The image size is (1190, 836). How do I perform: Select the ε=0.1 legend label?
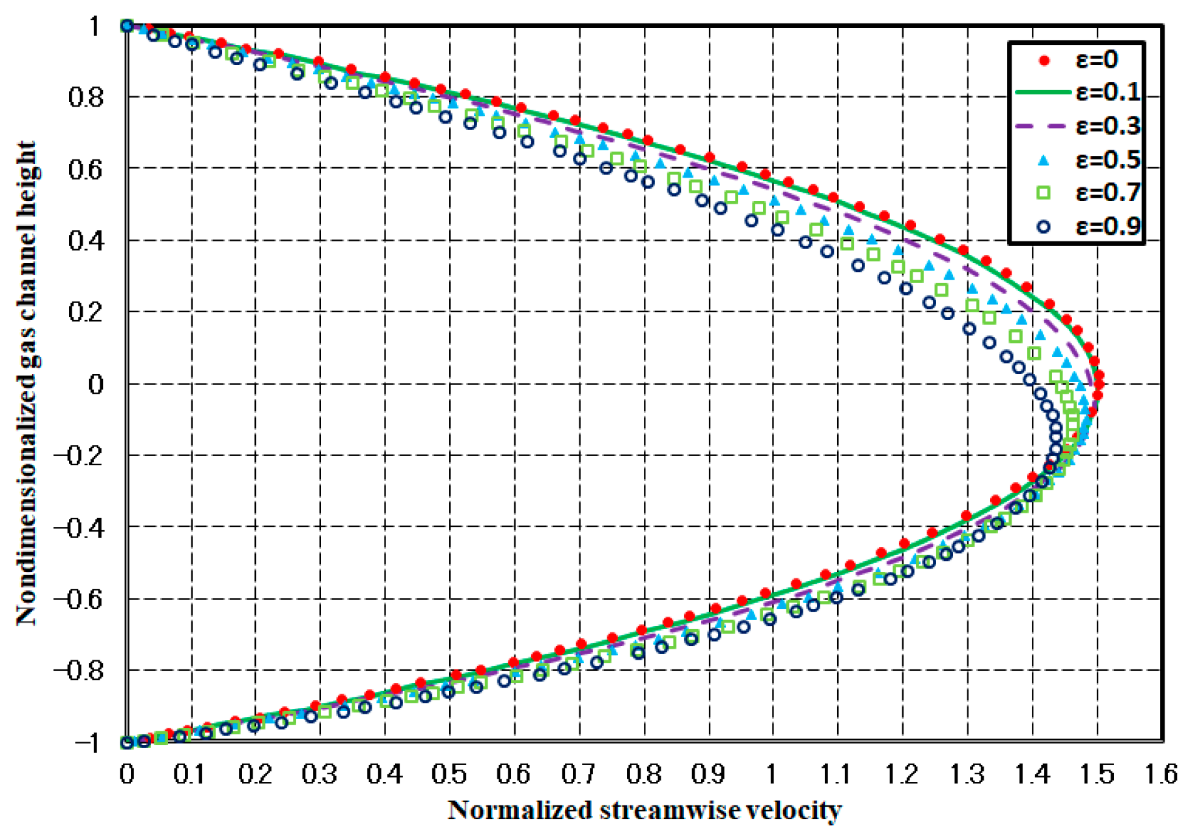[1107, 92]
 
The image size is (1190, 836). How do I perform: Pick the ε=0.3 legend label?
[1107, 126]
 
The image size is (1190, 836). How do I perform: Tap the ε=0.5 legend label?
[1107, 159]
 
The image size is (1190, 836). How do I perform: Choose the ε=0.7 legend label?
[1107, 193]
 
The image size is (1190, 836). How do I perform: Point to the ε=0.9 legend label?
[1107, 226]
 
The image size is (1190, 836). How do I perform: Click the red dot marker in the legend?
[1045, 61]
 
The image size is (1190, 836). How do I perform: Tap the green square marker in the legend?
[1044, 193]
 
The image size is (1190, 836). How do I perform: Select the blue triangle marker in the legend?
[1044, 159]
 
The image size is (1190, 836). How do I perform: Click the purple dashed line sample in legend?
[1044, 126]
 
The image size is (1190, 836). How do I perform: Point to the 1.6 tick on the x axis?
[1161, 775]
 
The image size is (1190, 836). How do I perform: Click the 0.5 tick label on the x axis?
[449, 775]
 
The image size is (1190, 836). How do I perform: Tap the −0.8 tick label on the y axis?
[79, 671]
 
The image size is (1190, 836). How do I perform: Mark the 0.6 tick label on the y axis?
[85, 169]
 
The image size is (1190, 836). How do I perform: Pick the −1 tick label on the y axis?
[88, 743]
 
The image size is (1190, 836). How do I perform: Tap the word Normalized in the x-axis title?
[519, 811]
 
